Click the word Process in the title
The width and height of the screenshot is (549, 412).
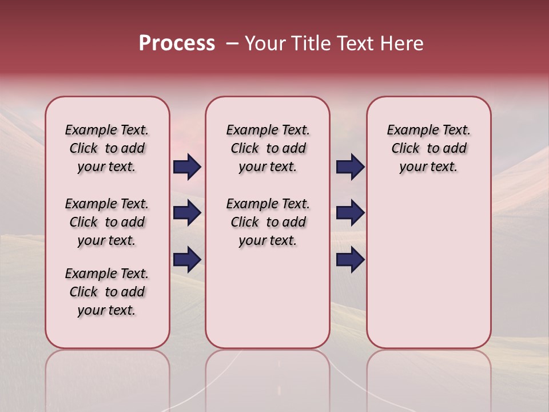click(x=177, y=43)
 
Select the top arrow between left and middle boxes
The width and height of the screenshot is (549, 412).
click(x=187, y=167)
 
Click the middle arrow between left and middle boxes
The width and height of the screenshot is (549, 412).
click(x=187, y=213)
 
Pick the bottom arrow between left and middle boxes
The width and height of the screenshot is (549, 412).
click(x=187, y=259)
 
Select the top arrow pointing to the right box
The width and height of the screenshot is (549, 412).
click(x=350, y=167)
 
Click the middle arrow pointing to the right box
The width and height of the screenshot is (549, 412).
click(x=350, y=213)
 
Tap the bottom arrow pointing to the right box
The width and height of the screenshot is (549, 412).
click(x=350, y=259)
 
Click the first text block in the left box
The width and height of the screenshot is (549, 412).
click(x=107, y=148)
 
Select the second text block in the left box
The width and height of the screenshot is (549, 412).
click(x=107, y=222)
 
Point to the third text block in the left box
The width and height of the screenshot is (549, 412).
click(x=107, y=292)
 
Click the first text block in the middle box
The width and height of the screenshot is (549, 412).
click(x=268, y=148)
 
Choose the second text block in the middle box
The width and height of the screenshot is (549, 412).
click(x=268, y=222)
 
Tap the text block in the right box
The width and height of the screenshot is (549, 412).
click(x=428, y=148)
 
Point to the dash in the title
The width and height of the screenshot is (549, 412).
click(x=232, y=43)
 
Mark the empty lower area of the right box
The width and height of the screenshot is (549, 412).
click(x=428, y=269)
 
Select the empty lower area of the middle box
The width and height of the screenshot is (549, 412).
click(x=268, y=298)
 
